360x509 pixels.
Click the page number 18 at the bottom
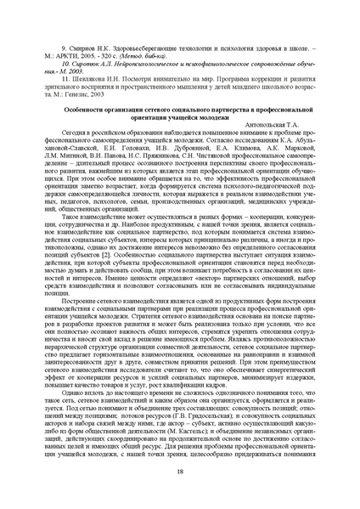tap(180, 472)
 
